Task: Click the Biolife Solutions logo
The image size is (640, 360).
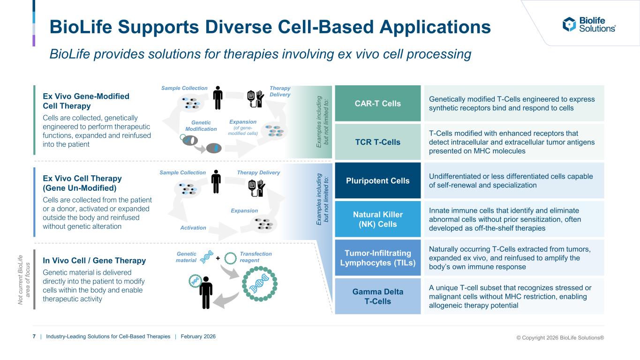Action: tap(589, 24)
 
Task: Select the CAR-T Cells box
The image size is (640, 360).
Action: tap(378, 103)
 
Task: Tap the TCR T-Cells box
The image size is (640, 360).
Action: tap(378, 142)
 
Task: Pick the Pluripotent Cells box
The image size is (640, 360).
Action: tap(378, 180)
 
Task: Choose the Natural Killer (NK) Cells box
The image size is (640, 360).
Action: tap(378, 219)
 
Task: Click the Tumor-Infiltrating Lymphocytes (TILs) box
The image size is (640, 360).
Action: tap(378, 257)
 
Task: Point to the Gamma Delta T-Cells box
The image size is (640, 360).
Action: tap(378, 296)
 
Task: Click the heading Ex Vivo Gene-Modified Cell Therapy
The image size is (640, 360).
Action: tap(86, 101)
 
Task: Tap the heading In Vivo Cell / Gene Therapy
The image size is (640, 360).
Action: tap(94, 260)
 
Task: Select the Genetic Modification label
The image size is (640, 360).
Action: tap(201, 125)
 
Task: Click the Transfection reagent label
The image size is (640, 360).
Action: tap(256, 257)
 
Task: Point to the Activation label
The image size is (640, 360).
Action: tap(193, 228)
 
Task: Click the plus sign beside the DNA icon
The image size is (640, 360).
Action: tap(218, 258)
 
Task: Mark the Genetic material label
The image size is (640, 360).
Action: tap(187, 257)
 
